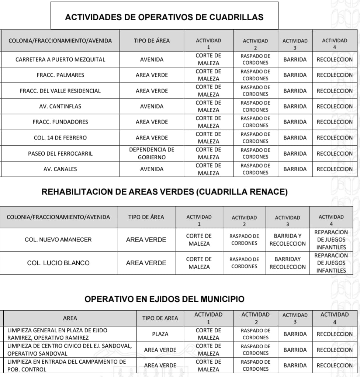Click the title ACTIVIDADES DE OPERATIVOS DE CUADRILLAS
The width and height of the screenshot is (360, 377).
coord(164,17)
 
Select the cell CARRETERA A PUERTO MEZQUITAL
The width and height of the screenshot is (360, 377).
coord(60,59)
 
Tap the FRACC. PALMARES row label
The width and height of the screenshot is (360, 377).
coord(60,75)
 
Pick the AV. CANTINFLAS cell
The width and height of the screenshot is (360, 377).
coord(60,106)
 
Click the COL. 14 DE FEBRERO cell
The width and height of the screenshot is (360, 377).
coord(60,138)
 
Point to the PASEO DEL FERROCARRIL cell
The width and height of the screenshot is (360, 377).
coord(60,153)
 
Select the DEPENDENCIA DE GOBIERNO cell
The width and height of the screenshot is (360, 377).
coord(152,153)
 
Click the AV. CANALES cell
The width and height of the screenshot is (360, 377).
coord(60,169)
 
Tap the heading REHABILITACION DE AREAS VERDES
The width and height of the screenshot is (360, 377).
coord(165,192)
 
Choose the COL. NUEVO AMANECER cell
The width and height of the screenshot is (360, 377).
coord(58,239)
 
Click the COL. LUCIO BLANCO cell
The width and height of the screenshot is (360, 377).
coord(58,263)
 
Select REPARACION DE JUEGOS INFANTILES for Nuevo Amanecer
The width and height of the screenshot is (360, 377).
coord(331,240)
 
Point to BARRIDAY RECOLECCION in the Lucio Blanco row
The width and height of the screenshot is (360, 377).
coord(287,263)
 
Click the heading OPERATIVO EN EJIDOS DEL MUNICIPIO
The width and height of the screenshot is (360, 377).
coord(165,299)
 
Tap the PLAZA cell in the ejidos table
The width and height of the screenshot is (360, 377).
coord(160,334)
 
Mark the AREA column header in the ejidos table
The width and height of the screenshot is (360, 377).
coord(70,318)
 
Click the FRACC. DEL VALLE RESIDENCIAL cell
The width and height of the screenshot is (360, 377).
coord(60,91)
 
